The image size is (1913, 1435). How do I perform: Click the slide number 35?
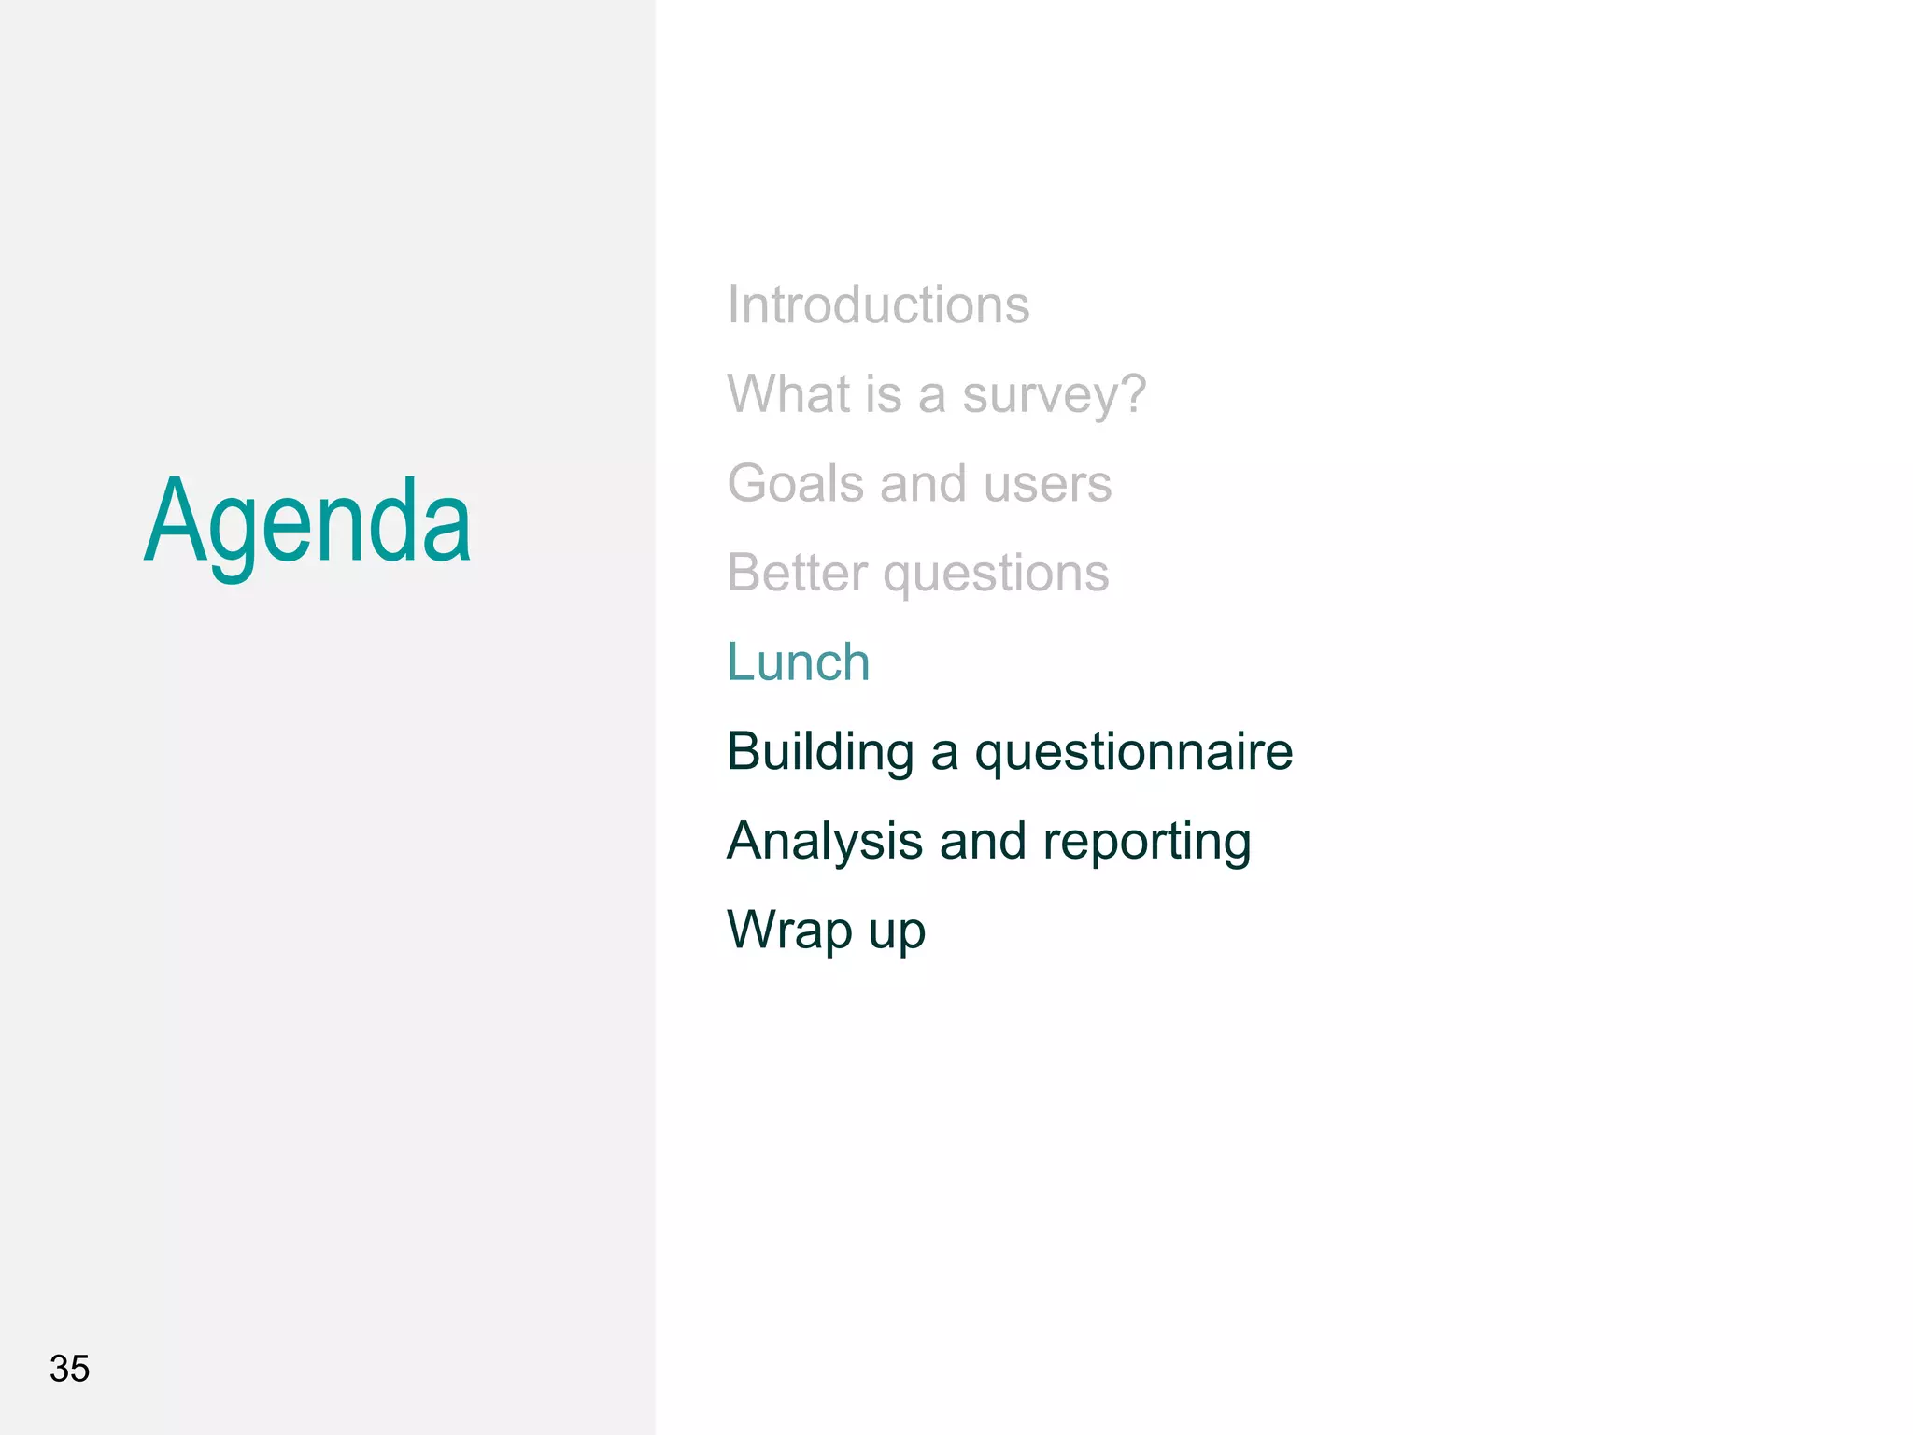tap(69, 1369)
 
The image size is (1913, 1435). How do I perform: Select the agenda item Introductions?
tap(878, 305)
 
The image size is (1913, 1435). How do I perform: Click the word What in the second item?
tap(788, 393)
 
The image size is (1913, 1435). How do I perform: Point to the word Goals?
tap(795, 483)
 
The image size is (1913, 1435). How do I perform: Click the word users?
tap(1047, 485)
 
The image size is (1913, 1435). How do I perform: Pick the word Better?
tap(797, 573)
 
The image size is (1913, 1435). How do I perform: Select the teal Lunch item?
tap(799, 662)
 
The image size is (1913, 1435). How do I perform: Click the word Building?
tap(820, 753)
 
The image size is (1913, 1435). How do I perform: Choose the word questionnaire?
tap(1133, 753)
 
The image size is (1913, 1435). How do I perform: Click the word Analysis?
tap(825, 842)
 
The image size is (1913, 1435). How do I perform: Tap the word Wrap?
tap(789, 931)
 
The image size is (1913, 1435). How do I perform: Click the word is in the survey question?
tap(883, 393)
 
